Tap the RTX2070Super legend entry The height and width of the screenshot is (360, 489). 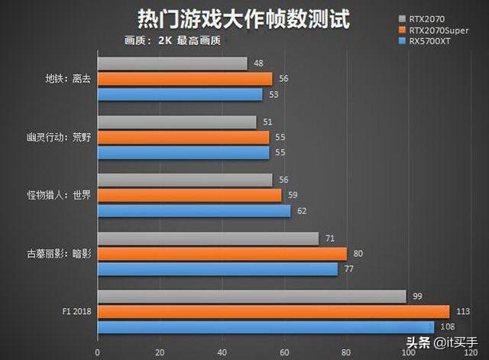click(440, 30)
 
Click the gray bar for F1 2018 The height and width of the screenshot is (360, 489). click(251, 297)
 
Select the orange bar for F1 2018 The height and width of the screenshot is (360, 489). click(273, 311)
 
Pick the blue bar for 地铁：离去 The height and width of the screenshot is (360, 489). click(180, 94)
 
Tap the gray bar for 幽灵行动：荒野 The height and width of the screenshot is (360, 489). click(176, 122)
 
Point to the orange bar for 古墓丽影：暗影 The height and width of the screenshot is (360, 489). click(222, 254)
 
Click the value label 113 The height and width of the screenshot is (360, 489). click(462, 311)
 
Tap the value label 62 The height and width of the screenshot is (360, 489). click(302, 210)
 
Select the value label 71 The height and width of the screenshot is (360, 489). click(330, 238)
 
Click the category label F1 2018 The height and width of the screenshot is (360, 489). click(76, 311)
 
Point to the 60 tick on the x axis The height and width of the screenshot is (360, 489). click(284, 352)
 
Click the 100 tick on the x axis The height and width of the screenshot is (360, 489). click(410, 352)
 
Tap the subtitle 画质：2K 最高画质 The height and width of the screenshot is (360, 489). click(173, 41)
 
